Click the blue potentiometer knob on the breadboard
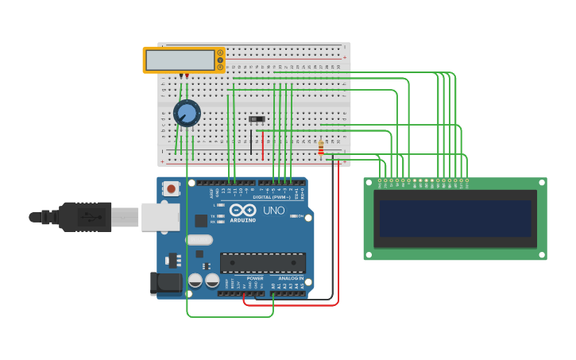187,113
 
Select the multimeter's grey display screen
180,60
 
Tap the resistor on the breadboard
321,148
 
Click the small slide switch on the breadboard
257,119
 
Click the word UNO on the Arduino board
273,211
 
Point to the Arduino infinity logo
242,210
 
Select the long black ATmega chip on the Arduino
262,262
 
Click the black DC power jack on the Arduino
161,283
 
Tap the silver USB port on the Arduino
160,217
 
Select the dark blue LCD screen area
455,219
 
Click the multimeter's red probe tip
187,76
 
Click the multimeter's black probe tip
181,76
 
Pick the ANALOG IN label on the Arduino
290,278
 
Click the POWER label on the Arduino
255,278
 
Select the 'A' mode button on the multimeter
220,53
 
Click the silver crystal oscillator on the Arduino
199,239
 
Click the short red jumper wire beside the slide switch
263,145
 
